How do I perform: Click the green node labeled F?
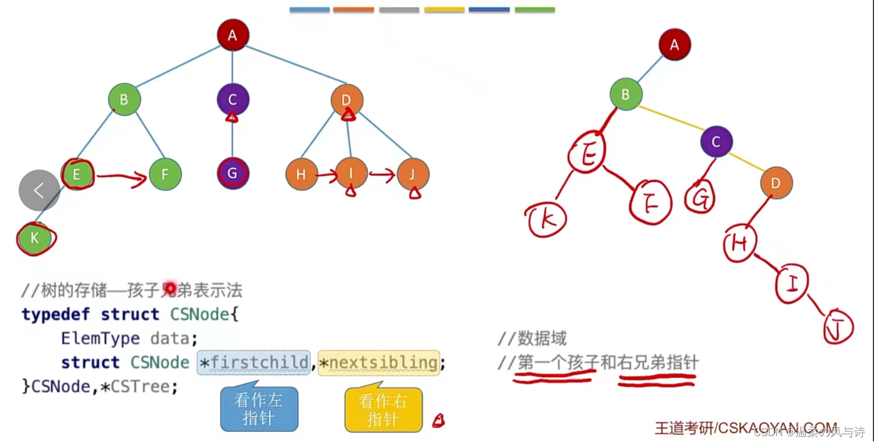coord(165,174)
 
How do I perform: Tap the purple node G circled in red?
coord(232,174)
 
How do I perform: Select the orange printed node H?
coord(301,174)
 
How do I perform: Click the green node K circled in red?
coord(35,238)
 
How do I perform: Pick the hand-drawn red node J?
coord(838,327)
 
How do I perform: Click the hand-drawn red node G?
coord(701,198)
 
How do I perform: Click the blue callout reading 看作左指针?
coord(259,409)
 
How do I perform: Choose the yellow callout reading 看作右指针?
coord(383,410)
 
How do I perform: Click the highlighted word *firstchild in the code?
coord(254,362)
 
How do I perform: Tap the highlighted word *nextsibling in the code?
coord(378,362)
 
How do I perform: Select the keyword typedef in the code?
coord(56,314)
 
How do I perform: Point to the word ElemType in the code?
coord(100,338)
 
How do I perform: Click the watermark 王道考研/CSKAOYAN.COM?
coord(746,428)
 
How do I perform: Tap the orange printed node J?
coord(413,174)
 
